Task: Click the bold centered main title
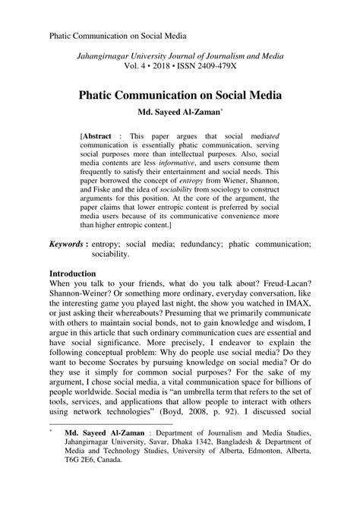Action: tap(179, 97)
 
